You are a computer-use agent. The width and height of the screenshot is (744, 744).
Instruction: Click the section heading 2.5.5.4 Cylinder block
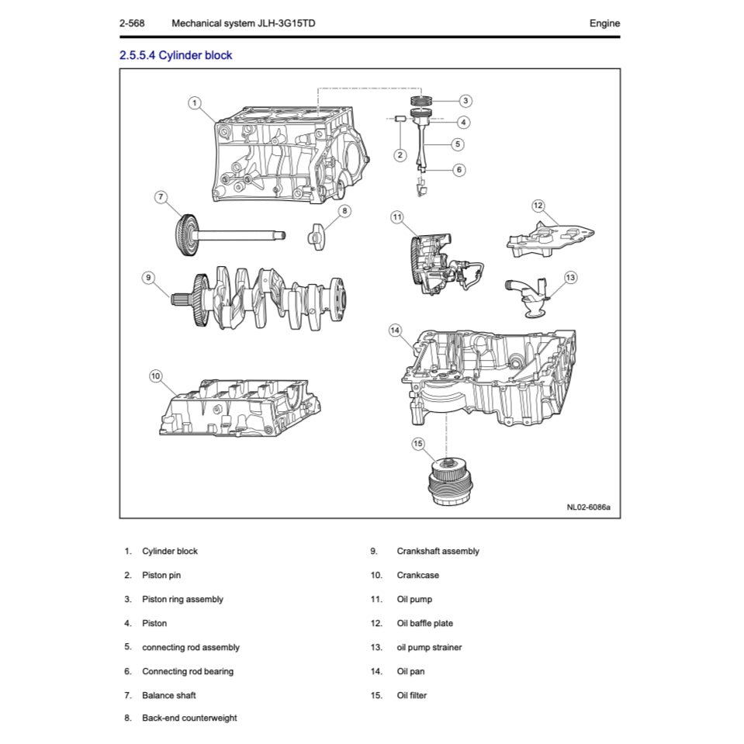[x=175, y=55]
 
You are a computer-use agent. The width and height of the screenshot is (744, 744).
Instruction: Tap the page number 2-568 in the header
[x=133, y=23]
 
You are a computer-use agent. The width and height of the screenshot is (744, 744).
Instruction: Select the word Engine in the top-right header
[x=604, y=23]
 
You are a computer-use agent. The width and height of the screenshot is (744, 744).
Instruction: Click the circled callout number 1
[x=195, y=102]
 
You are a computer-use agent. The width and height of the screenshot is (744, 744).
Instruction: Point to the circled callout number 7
[x=161, y=197]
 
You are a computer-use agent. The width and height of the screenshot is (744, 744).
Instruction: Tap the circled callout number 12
[x=538, y=206]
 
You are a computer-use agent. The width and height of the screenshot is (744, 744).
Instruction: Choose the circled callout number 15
[x=418, y=444]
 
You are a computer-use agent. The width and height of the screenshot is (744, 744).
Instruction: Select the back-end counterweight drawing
[x=317, y=235]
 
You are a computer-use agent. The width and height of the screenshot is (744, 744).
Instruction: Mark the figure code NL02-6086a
[x=587, y=507]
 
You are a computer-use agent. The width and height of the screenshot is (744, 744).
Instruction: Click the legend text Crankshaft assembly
[x=438, y=552]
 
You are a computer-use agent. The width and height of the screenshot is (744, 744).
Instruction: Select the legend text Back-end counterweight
[x=189, y=718]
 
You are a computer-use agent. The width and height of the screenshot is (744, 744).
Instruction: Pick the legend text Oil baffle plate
[x=424, y=624]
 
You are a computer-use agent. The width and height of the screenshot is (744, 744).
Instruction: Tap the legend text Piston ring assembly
[x=182, y=600]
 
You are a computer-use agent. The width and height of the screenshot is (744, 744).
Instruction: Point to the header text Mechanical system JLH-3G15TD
[x=243, y=23]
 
